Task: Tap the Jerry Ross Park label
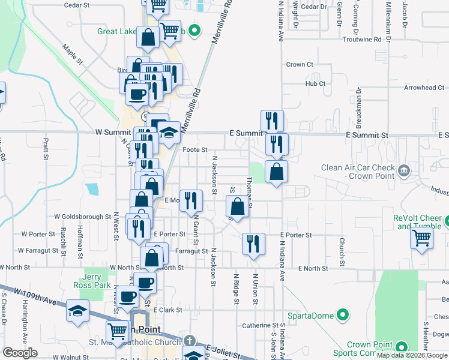tap(92, 281)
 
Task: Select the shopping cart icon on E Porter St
tap(422, 238)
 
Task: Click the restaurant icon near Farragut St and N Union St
tap(253, 244)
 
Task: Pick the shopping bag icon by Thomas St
tap(238, 207)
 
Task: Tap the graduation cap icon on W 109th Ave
tap(78, 311)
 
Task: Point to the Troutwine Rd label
tap(361, 40)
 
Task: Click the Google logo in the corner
tap(20, 353)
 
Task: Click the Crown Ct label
tap(300, 65)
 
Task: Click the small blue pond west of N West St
tap(92, 189)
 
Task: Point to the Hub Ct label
tap(315, 84)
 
